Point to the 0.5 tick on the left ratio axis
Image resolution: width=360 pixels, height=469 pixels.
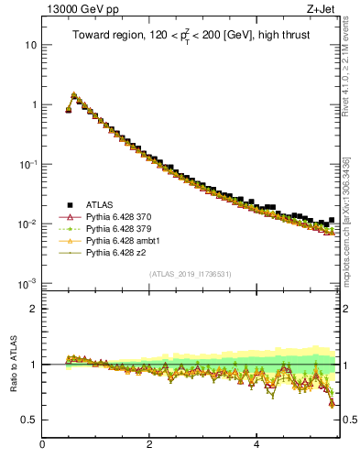tap(29, 420)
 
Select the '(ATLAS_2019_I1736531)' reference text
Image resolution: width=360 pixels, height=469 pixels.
tap(191, 273)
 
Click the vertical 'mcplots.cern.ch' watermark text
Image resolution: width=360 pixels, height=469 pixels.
tap(348, 229)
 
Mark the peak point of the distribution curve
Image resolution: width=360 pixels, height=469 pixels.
tap(74, 94)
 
